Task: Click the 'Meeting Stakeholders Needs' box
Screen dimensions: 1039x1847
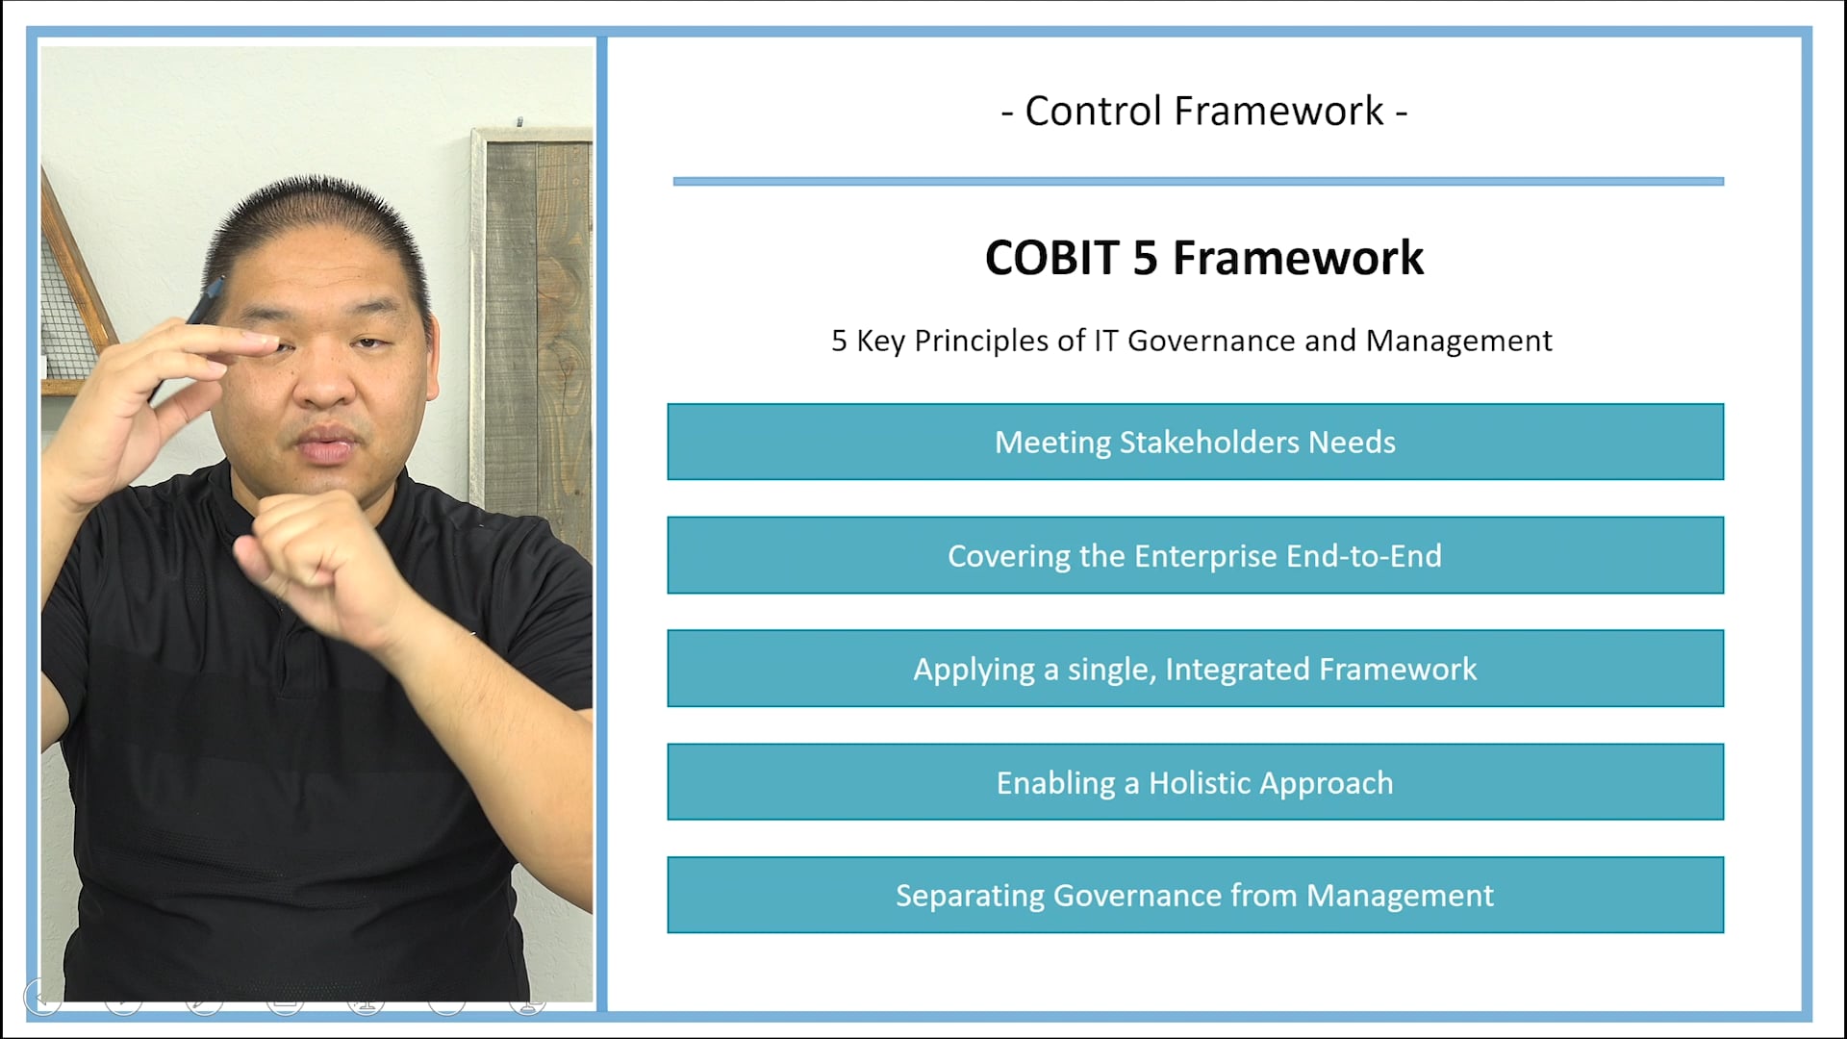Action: [1195, 442]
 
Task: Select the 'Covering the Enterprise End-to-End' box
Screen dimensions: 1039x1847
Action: [1195, 555]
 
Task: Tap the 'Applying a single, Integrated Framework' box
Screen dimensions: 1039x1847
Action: [1195, 669]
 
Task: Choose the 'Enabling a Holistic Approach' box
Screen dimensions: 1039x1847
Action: [1195, 782]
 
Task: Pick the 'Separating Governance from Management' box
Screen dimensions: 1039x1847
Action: [1195, 896]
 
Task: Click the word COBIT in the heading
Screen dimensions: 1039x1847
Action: [1051, 258]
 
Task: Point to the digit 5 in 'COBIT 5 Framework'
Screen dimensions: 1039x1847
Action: [1145, 258]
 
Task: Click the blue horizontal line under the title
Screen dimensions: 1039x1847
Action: [1198, 181]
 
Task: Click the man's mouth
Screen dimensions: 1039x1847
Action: [327, 448]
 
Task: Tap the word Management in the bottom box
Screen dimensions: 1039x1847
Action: [1400, 896]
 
